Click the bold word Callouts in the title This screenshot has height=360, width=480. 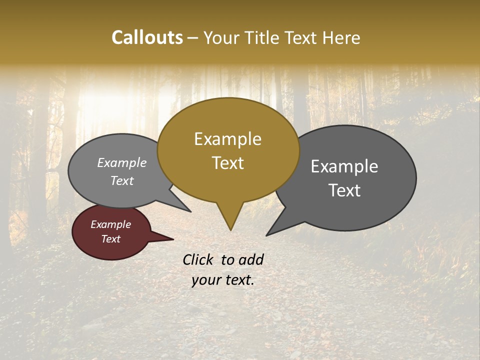click(x=147, y=37)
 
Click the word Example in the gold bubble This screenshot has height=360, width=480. click(x=227, y=139)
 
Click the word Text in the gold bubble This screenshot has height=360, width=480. click(x=227, y=163)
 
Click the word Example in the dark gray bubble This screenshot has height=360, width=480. click(x=344, y=166)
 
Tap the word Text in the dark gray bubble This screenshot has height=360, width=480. click(x=345, y=190)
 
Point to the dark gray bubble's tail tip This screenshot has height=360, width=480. click(x=266, y=235)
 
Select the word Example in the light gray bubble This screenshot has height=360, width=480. click(x=122, y=163)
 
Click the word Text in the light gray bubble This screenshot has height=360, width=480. click(x=122, y=181)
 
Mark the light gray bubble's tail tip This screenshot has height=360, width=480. click(x=190, y=211)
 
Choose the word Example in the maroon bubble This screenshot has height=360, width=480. click(x=110, y=224)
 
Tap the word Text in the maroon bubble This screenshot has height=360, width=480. click(x=110, y=239)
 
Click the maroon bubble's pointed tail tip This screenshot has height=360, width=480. click(x=173, y=239)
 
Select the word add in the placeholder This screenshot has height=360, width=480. click(x=250, y=259)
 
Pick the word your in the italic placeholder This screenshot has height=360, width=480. click(x=205, y=280)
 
